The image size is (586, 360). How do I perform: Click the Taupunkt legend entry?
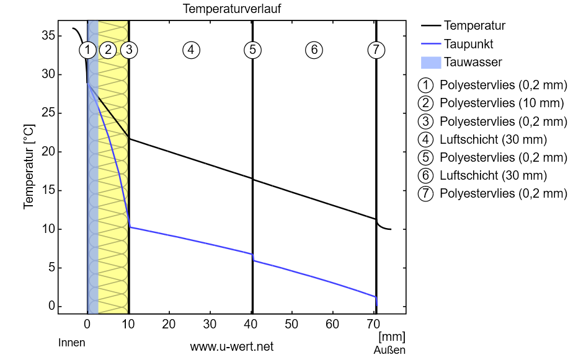coord(468,44)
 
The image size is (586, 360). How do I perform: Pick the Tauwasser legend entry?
coord(473,62)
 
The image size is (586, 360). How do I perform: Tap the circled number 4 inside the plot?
coord(191,50)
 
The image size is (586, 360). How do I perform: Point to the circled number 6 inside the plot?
coord(314,50)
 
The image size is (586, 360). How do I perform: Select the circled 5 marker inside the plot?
coord(252,50)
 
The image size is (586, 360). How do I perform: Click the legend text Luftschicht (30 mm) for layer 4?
coord(493,139)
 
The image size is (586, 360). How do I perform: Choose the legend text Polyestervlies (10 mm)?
coord(502,103)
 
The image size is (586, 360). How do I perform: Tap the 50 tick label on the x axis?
coord(291,323)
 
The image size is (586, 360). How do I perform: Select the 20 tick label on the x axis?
coord(169,323)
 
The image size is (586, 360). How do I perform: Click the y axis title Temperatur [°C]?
coord(29,167)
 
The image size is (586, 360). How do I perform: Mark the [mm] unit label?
coord(391,336)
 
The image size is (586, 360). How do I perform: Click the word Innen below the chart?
coord(71,343)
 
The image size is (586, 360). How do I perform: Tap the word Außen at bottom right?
coord(389,350)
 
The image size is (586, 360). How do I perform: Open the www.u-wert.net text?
coord(231,346)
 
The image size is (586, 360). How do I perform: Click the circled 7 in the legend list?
coord(426,193)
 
